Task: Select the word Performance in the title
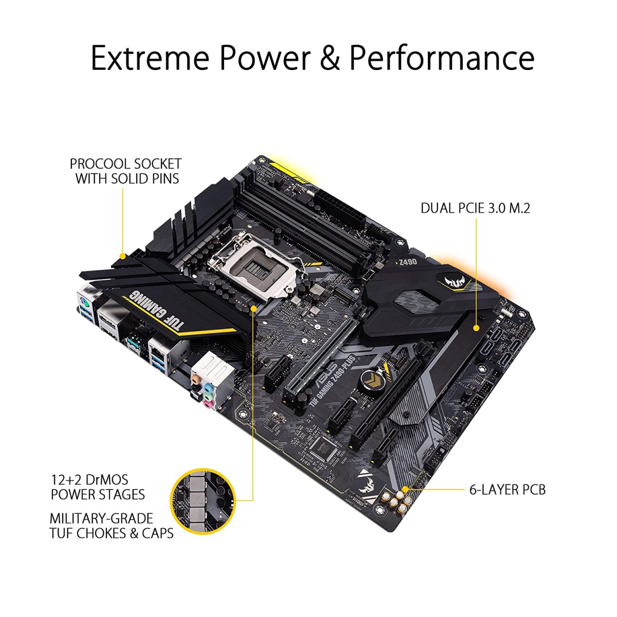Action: click(442, 58)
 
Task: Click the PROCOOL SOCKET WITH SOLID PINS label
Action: click(126, 171)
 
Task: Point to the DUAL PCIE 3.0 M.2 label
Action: click(475, 208)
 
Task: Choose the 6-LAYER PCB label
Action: click(507, 489)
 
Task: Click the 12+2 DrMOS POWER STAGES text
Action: click(98, 487)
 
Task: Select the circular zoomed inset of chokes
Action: click(203, 499)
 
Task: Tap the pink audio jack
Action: click(207, 405)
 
